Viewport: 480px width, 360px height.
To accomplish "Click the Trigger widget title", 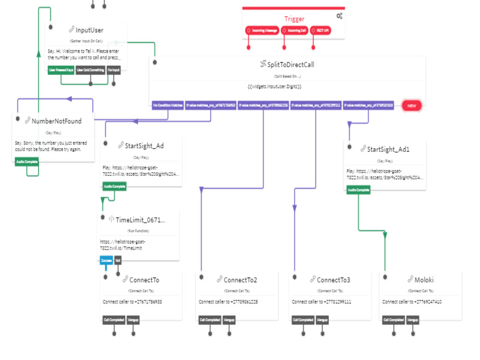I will [x=294, y=19].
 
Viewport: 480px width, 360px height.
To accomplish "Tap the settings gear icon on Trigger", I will [x=340, y=16].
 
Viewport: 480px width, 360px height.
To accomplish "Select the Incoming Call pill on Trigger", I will [x=294, y=30].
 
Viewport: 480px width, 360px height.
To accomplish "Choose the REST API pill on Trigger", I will [x=322, y=30].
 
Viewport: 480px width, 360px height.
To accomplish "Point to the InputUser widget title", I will [x=89, y=30].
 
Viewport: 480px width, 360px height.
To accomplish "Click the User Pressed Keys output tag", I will [x=61, y=70].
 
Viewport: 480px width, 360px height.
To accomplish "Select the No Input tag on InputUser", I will [x=114, y=70].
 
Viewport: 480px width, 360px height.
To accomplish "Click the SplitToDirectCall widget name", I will [x=291, y=64].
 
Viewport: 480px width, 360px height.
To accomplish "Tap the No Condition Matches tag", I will [x=167, y=105].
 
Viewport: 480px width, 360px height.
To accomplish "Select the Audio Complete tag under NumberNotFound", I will [x=27, y=161].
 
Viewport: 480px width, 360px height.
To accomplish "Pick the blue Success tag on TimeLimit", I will [x=106, y=261].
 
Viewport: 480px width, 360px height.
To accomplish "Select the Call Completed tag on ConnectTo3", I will [x=301, y=320].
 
